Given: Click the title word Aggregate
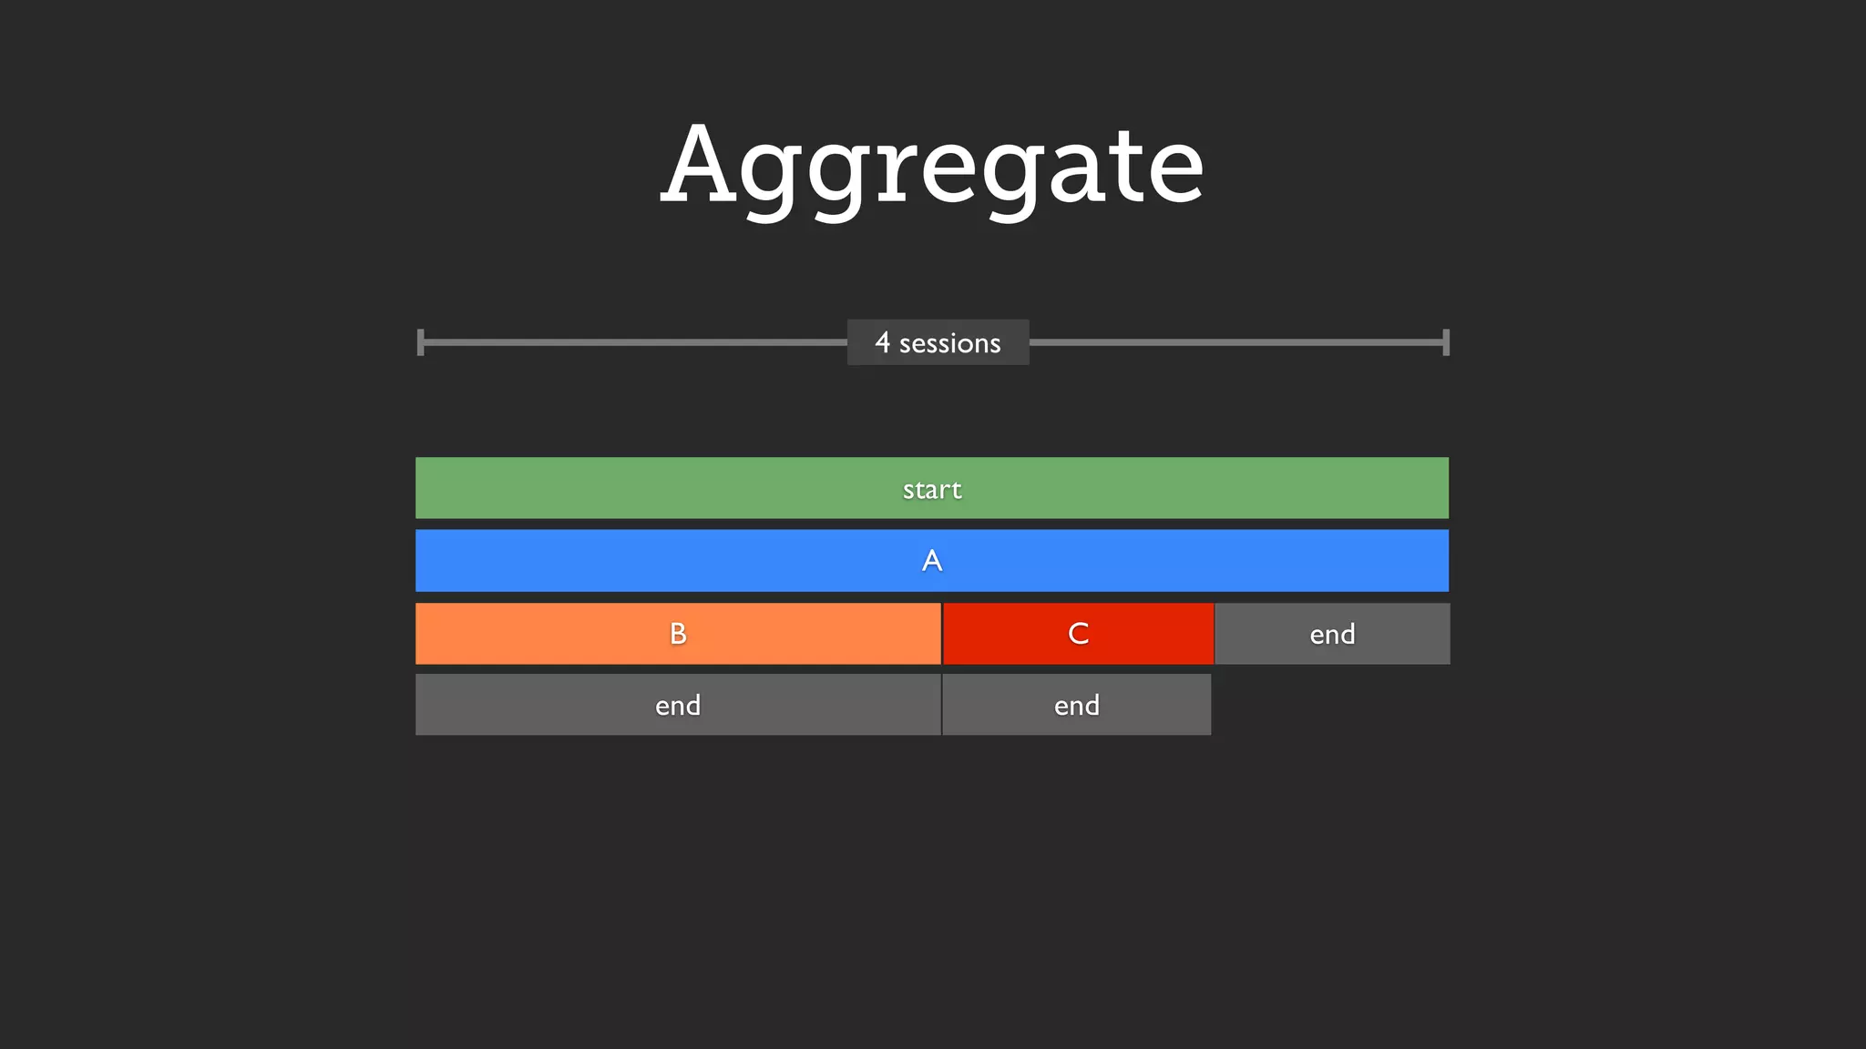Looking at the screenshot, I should tap(932, 167).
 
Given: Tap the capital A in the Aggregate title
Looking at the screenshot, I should tap(699, 164).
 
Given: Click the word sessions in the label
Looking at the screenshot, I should tap(949, 343).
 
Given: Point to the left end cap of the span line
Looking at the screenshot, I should tap(420, 342).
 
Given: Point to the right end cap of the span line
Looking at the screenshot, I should tap(1446, 342).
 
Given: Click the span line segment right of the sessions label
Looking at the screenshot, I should tap(1236, 342).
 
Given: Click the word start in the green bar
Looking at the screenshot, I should tap(932, 490).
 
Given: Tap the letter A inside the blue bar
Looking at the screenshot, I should tap(932, 560).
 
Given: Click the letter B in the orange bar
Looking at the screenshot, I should tap(678, 634).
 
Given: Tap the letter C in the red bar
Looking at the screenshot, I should tap(1078, 634).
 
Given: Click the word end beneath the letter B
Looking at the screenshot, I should tap(678, 706).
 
